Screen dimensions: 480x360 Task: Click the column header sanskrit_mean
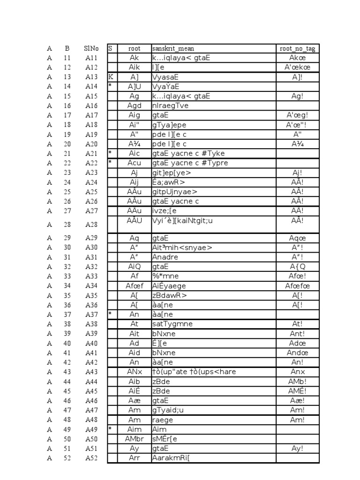173,48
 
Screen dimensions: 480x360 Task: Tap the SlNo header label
91,48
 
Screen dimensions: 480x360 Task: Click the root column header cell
134,48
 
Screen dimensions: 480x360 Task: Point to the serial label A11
91,58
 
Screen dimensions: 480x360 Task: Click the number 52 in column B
67,458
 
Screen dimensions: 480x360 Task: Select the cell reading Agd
134,105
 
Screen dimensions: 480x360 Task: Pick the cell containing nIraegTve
170,105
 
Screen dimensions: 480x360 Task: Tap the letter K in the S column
111,77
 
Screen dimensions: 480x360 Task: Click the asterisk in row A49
110,429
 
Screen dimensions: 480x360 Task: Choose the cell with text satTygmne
172,324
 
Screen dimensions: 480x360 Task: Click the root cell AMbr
134,439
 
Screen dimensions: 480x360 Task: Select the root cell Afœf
134,286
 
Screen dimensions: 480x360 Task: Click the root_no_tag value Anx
298,372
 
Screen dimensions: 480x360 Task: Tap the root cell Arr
134,458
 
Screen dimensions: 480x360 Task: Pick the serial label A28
91,225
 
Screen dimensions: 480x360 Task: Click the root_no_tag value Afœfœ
298,286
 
